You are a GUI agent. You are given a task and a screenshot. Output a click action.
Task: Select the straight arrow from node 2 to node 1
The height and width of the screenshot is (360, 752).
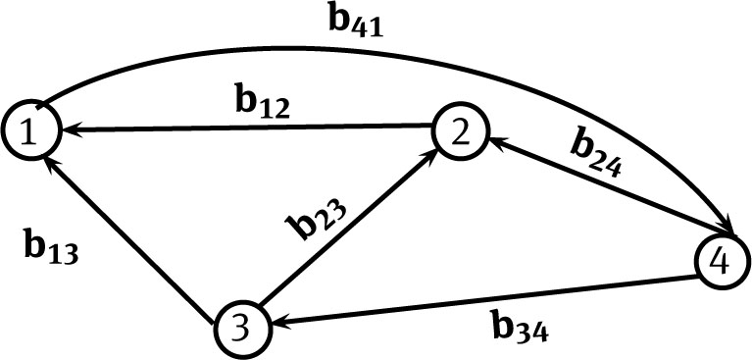tap(245, 128)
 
